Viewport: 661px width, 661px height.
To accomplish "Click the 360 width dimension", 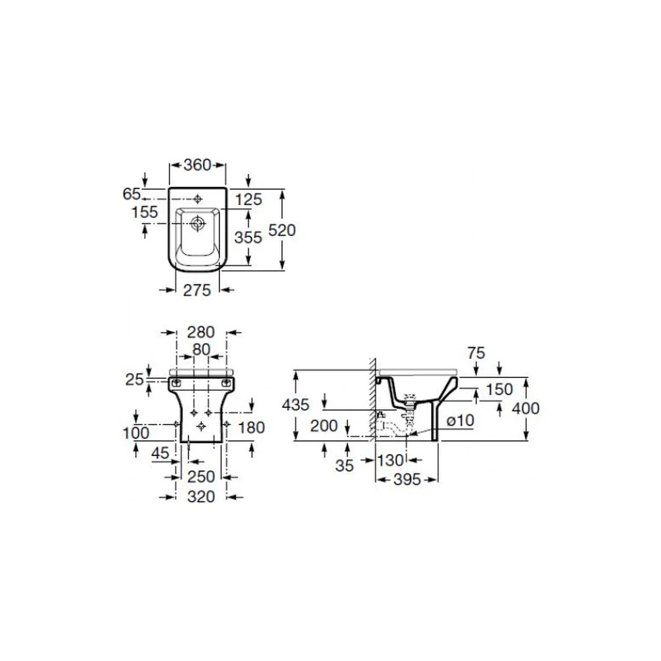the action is [197, 165].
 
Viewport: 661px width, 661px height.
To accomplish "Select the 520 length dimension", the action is [282, 230].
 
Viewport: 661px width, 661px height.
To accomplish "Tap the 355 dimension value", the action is [249, 237].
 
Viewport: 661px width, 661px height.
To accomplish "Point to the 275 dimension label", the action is [197, 290].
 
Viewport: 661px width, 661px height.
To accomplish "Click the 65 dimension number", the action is [132, 194].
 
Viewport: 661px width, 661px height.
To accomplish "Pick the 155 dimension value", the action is [145, 212].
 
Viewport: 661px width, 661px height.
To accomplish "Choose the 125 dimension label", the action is [249, 200].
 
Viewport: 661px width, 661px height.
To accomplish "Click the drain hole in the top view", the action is [197, 223].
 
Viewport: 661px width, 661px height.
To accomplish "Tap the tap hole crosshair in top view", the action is [197, 199].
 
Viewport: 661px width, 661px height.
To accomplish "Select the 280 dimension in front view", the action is [201, 332].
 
